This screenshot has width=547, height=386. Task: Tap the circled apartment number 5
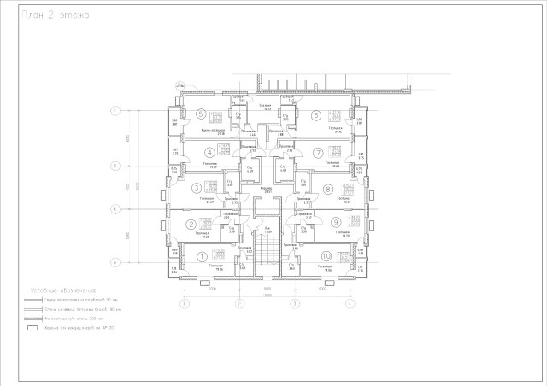click(200, 114)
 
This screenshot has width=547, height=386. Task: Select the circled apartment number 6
click(315, 115)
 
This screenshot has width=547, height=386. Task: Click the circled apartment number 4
click(197, 153)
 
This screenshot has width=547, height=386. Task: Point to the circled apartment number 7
click(317, 153)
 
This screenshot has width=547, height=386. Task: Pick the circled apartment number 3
click(197, 188)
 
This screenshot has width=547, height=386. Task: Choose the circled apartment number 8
click(327, 189)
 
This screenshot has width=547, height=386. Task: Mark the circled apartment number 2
click(191, 225)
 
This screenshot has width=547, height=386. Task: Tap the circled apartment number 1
click(203, 255)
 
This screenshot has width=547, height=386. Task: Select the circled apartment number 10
click(326, 256)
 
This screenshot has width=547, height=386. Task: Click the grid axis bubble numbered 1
click(184, 303)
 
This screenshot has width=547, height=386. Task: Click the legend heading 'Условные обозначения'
click(62, 290)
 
